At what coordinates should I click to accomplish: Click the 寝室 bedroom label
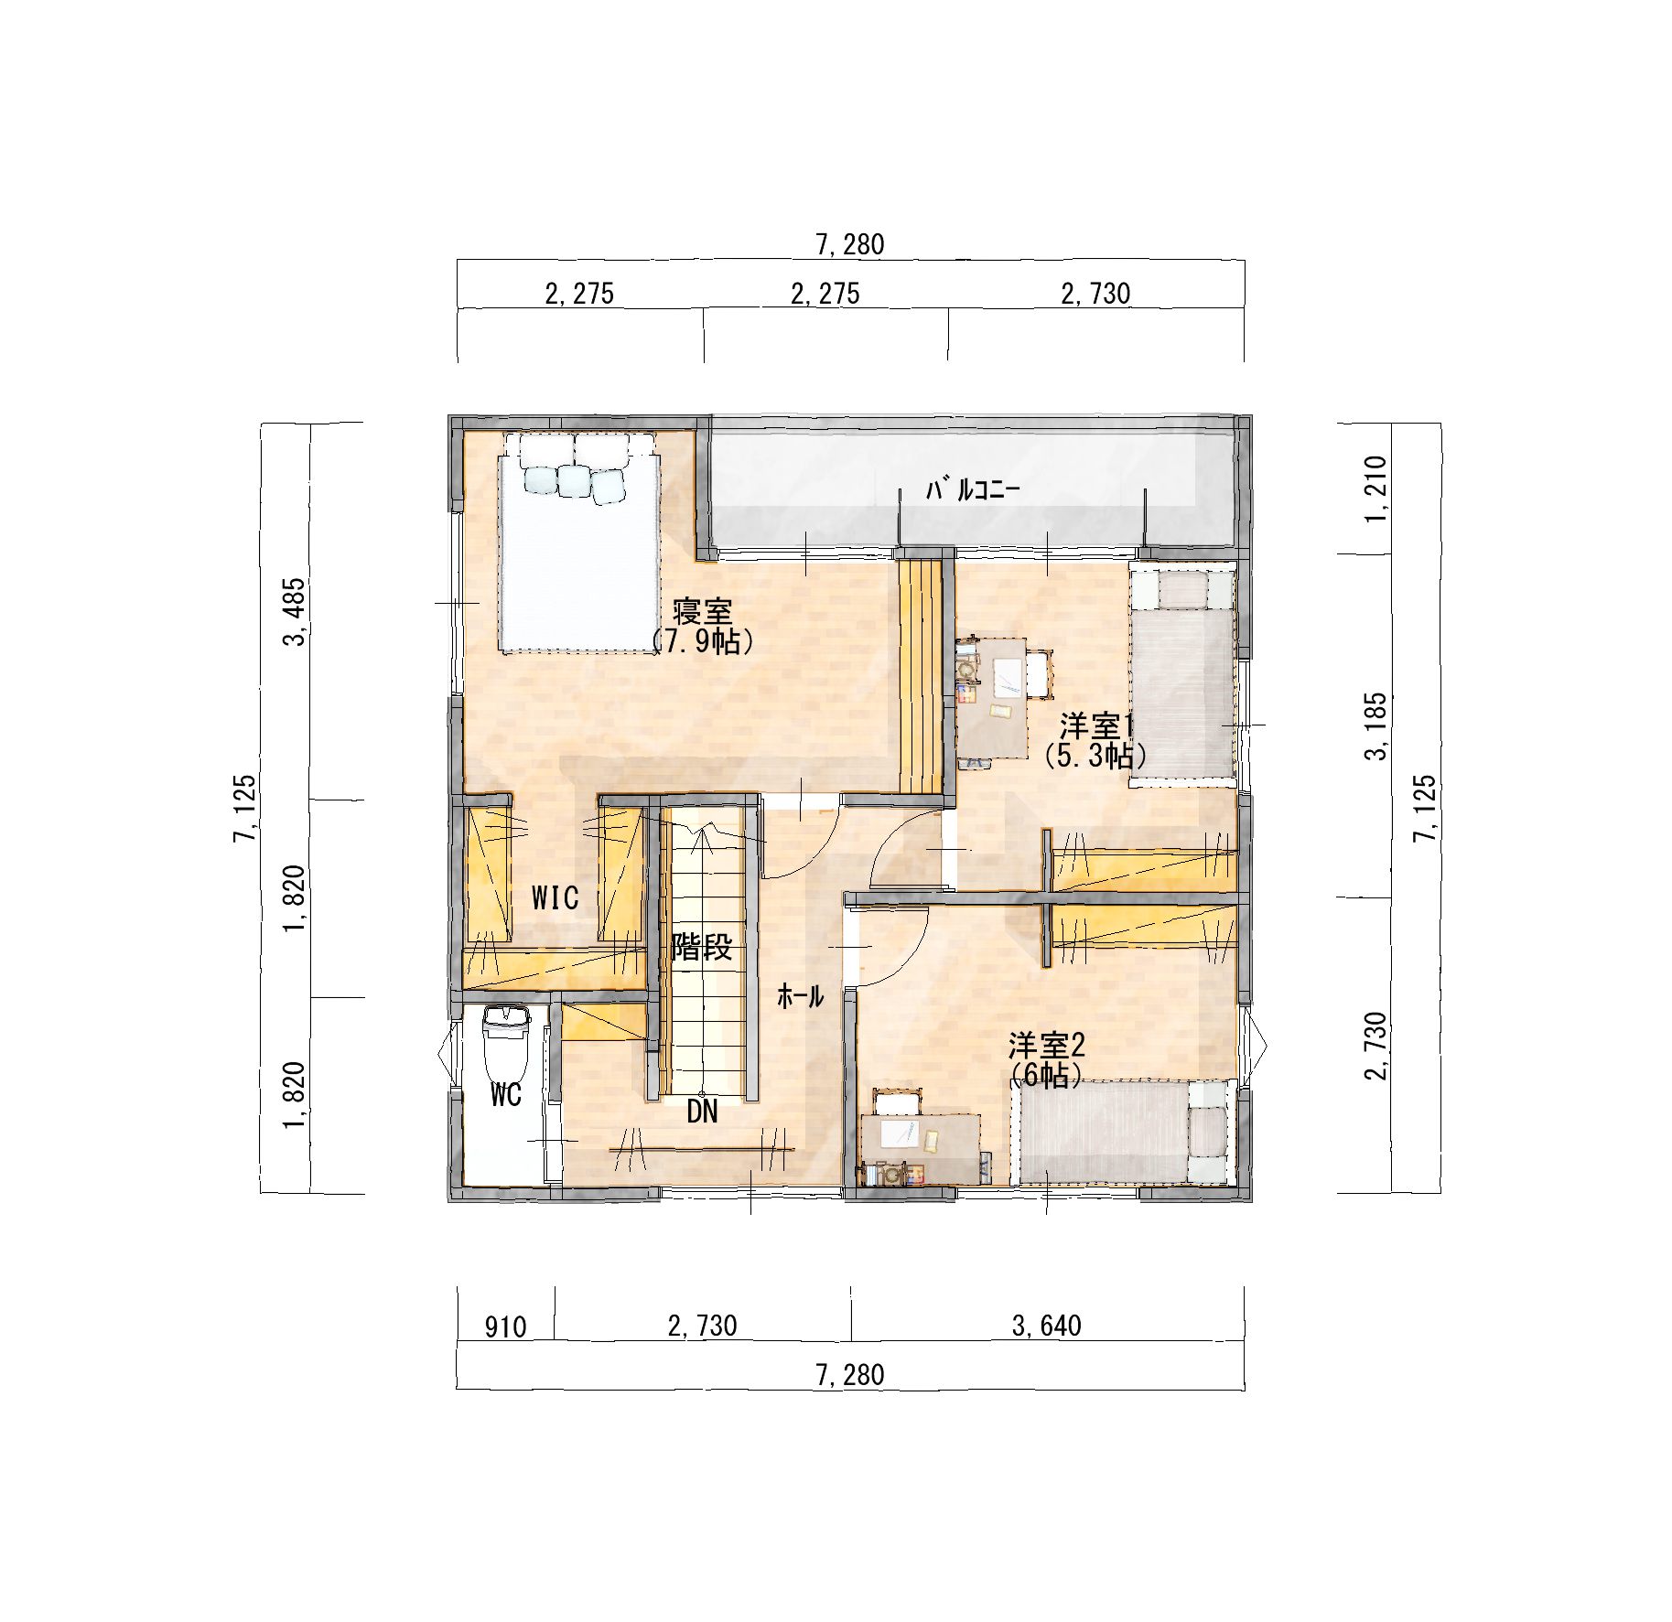[x=702, y=611]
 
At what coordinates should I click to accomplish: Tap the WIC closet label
[x=555, y=897]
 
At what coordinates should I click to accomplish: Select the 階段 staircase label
[x=702, y=947]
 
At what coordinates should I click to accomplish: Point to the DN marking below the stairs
[x=702, y=1112]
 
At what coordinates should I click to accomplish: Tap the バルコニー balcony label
[x=973, y=490]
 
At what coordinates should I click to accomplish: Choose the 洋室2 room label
[x=1046, y=1045]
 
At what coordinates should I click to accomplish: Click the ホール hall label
[x=800, y=996]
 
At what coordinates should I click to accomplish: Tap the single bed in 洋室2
[x=1125, y=1132]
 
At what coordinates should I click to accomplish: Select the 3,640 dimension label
[x=1046, y=1326]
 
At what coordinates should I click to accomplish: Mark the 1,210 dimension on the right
[x=1376, y=488]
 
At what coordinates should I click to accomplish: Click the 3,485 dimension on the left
[x=297, y=611]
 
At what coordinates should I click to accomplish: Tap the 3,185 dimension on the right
[x=1376, y=725]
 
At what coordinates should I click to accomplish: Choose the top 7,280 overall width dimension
[x=850, y=244]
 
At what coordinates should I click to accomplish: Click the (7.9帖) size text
[x=702, y=641]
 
